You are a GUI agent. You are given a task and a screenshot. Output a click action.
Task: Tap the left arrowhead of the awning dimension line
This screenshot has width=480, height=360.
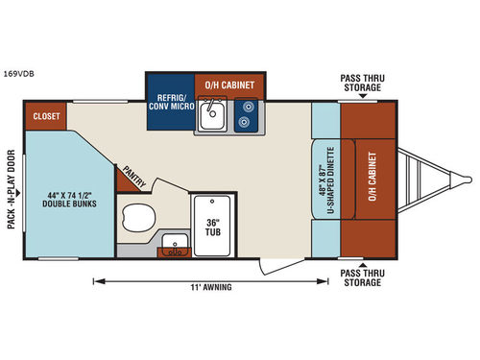[96, 280]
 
